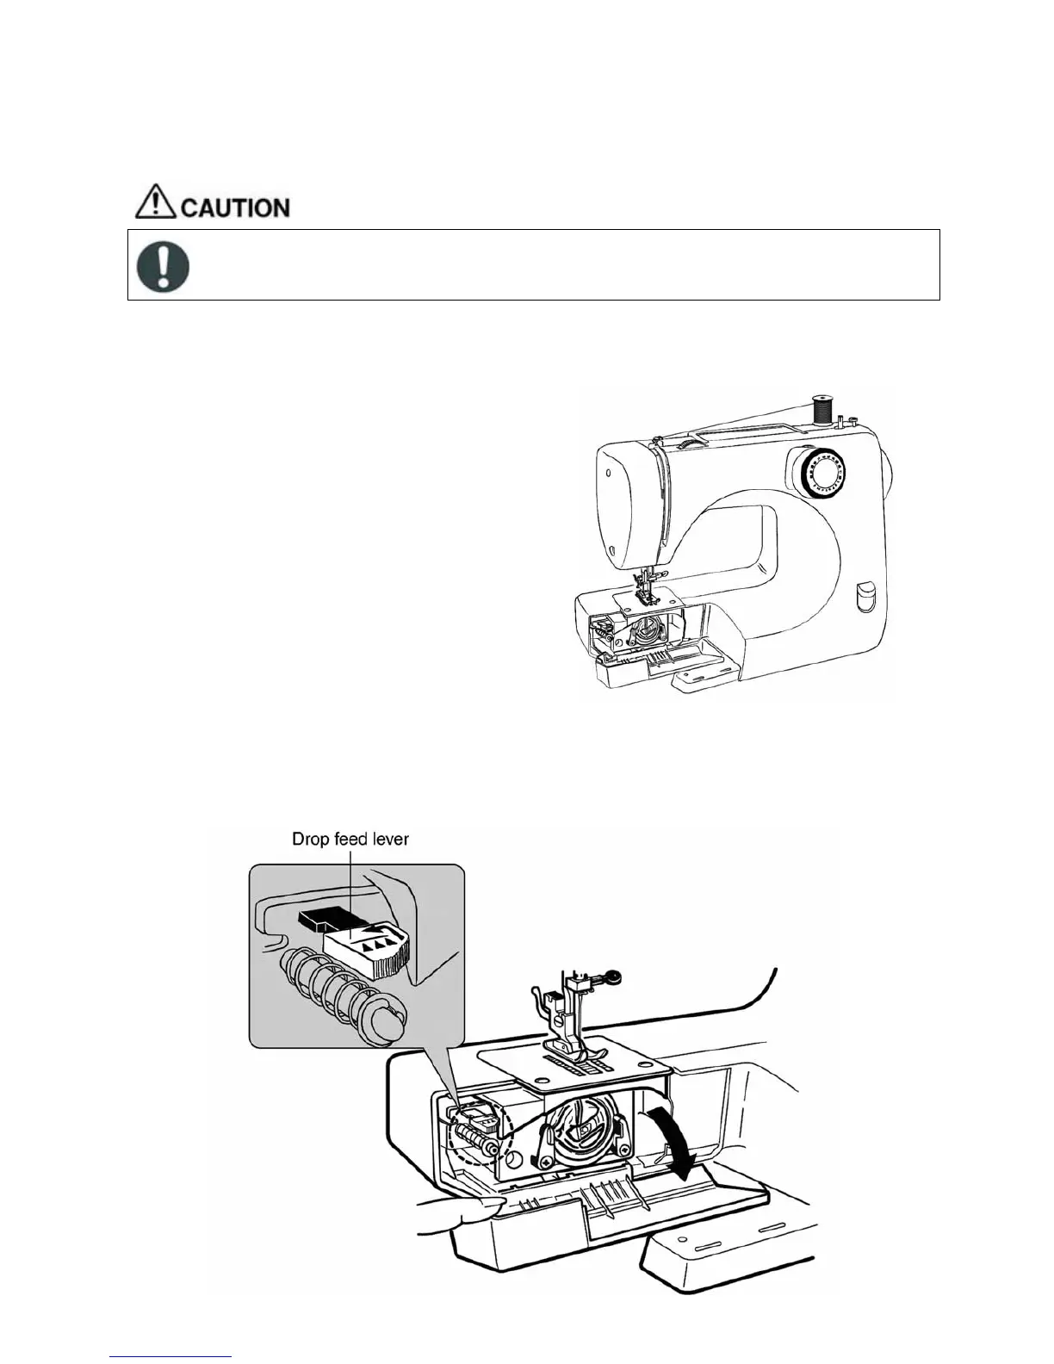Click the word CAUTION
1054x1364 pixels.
click(x=235, y=208)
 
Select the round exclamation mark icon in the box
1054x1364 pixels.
click(x=164, y=264)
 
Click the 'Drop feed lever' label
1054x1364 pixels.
click(x=350, y=839)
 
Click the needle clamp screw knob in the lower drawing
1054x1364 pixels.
click(x=612, y=976)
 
